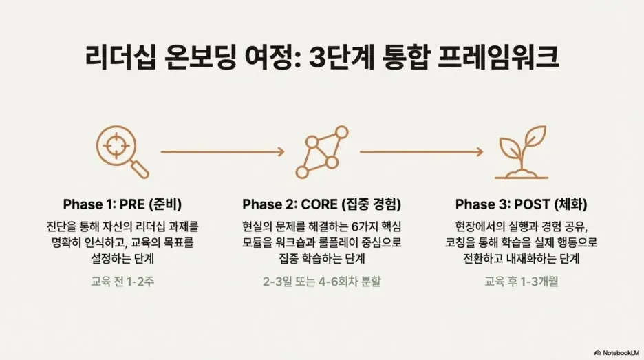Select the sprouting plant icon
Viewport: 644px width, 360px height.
coord(520,152)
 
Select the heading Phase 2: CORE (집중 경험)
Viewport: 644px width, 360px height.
coord(321,204)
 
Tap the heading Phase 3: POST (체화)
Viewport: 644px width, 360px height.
coord(521,204)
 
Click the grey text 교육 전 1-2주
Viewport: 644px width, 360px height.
coord(122,282)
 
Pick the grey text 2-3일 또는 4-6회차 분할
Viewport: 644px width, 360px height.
coord(321,282)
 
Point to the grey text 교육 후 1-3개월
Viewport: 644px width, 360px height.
coord(521,282)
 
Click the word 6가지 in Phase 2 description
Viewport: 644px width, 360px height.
coord(357,226)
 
